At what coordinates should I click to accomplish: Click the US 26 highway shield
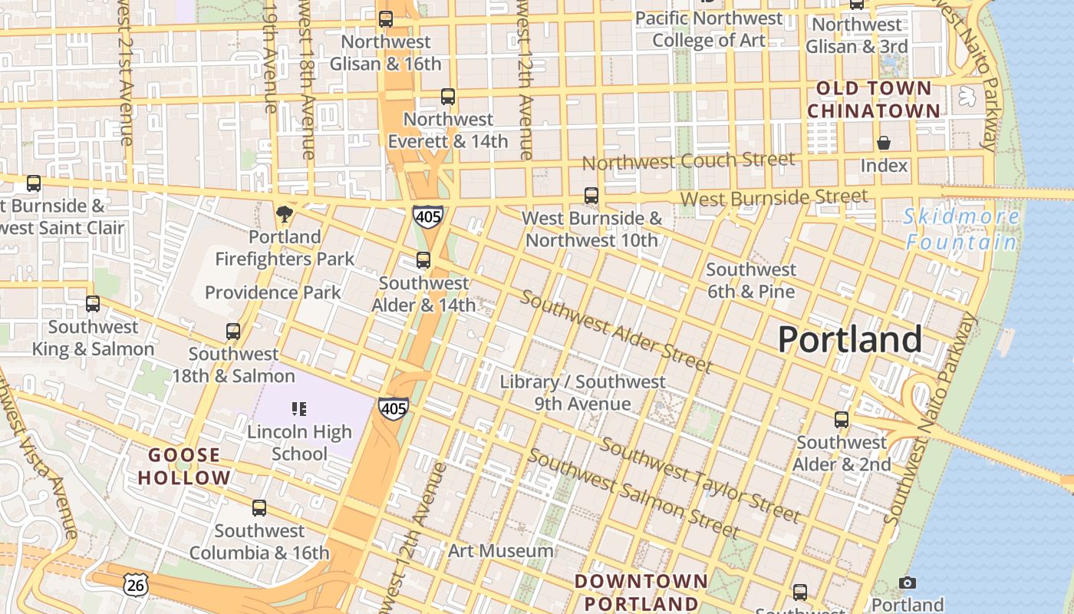point(135,585)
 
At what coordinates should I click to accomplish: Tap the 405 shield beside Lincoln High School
point(393,408)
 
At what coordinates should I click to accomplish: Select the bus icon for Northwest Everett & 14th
point(448,97)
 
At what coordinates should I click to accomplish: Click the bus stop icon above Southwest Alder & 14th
point(423,260)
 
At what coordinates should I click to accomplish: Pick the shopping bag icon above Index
point(884,143)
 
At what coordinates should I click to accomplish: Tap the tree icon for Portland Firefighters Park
point(285,213)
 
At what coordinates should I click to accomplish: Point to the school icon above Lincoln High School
point(299,409)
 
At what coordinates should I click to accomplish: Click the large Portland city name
point(850,339)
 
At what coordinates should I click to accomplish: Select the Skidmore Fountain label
point(961,229)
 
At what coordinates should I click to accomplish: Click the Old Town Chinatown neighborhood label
point(873,100)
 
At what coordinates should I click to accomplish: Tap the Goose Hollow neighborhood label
point(184,466)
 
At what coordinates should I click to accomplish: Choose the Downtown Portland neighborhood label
point(641,591)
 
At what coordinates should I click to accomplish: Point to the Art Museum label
point(500,550)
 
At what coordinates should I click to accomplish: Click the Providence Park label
point(272,292)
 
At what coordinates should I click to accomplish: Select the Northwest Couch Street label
point(688,161)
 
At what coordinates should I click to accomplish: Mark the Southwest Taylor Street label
point(700,480)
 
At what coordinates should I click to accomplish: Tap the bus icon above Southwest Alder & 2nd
point(842,420)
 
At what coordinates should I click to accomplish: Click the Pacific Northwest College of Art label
point(709,28)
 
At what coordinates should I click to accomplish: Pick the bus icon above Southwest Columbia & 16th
point(259,508)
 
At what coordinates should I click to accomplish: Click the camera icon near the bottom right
point(907,583)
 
